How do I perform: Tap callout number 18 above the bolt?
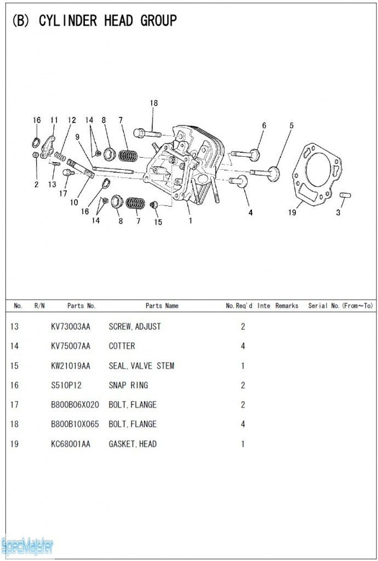154,103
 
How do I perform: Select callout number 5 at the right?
291,125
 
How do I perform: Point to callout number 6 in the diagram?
264,125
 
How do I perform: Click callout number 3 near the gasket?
338,213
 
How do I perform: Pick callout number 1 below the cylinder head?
190,221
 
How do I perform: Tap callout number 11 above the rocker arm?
54,120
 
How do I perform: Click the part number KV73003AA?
71,327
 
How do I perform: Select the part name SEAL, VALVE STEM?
141,365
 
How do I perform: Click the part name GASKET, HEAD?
133,444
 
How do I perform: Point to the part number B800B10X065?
75,424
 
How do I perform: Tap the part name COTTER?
122,346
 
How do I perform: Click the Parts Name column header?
162,306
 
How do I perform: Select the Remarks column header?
287,306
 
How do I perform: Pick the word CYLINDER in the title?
68,21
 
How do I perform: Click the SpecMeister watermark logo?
27,546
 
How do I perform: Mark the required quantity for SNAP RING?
243,385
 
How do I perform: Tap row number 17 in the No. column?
14,405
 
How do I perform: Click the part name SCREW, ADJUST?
135,327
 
